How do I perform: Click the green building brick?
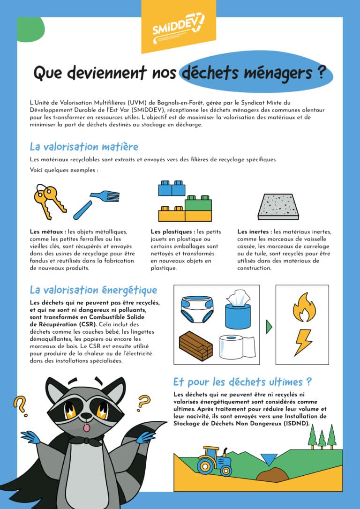coord(198,203)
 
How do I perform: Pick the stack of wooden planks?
coord(195,346)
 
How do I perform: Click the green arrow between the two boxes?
coord(269,326)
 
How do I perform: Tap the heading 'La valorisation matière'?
coord(84,147)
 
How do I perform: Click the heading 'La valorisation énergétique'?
coord(93,290)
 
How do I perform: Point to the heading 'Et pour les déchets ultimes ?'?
coord(242,381)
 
